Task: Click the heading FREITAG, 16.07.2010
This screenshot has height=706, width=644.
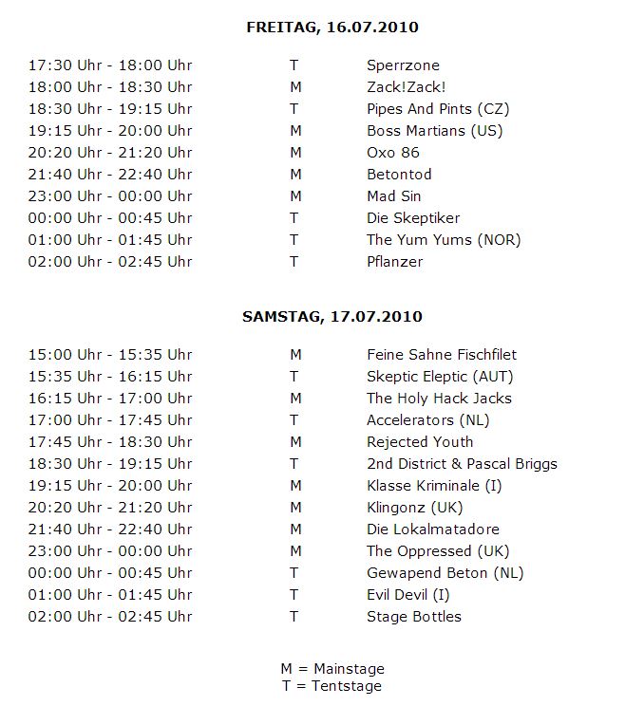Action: (x=331, y=28)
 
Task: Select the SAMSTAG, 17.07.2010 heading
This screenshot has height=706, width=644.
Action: (x=331, y=316)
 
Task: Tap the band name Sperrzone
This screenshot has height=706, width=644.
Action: (x=403, y=65)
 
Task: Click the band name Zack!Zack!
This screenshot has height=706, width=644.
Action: (x=399, y=87)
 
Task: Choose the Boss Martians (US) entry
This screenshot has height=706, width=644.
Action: (x=434, y=131)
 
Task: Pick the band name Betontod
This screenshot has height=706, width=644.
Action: (x=399, y=175)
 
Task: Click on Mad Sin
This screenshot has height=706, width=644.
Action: (x=394, y=196)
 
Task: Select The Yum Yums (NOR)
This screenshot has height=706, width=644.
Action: (x=444, y=240)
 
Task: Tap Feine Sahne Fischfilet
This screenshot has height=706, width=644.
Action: (x=442, y=355)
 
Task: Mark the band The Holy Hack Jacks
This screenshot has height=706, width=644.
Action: (x=439, y=399)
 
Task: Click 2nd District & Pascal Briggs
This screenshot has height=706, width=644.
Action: (x=462, y=464)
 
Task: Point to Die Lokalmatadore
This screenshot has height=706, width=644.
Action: (x=432, y=529)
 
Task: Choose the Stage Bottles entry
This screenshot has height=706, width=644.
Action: (x=414, y=617)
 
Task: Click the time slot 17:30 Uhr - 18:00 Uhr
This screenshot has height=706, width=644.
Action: (x=110, y=65)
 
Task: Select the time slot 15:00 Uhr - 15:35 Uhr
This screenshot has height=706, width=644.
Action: (x=110, y=355)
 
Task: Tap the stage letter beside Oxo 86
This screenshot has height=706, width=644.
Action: (x=295, y=153)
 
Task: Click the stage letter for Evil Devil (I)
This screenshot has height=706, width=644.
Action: (x=294, y=595)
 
